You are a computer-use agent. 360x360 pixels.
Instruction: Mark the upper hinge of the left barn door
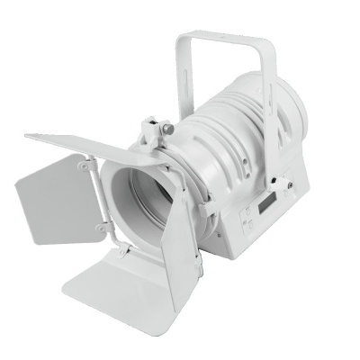click(x=88, y=166)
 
